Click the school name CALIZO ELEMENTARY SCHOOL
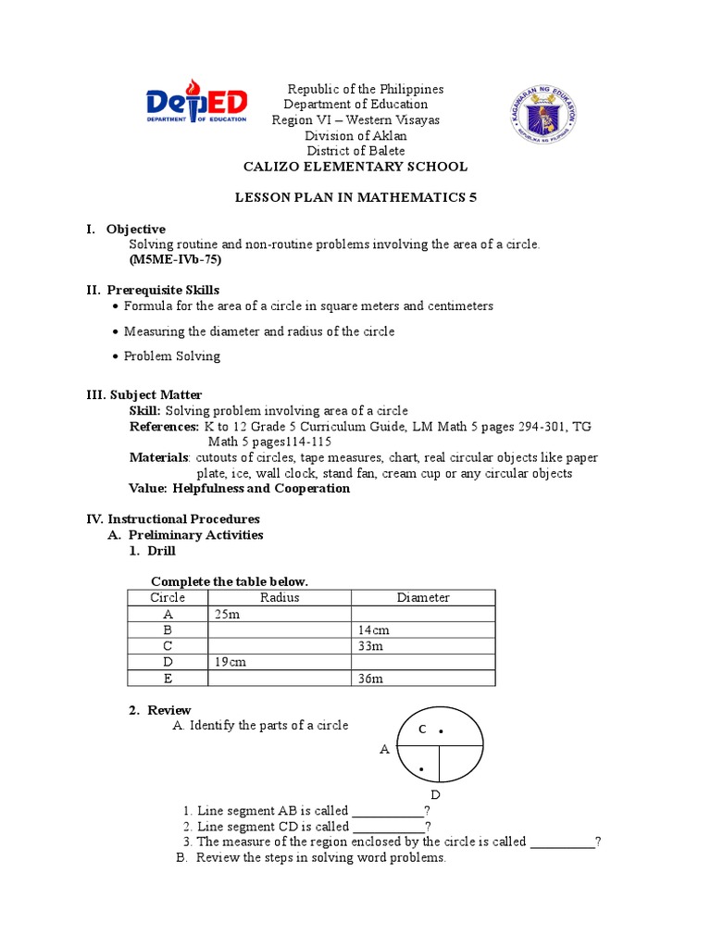[x=355, y=167]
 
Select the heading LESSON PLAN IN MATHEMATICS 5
[x=355, y=199]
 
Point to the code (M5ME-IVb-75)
[x=175, y=259]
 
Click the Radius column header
[x=280, y=597]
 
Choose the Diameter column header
[x=423, y=597]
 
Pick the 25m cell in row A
[x=227, y=614]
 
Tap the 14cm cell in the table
[x=371, y=630]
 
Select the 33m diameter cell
[x=370, y=646]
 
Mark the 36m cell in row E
[x=370, y=679]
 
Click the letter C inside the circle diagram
[x=421, y=730]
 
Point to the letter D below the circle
[x=435, y=795]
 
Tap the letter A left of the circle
[x=384, y=749]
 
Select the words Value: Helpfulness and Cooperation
[x=239, y=489]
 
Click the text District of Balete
[x=355, y=151]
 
